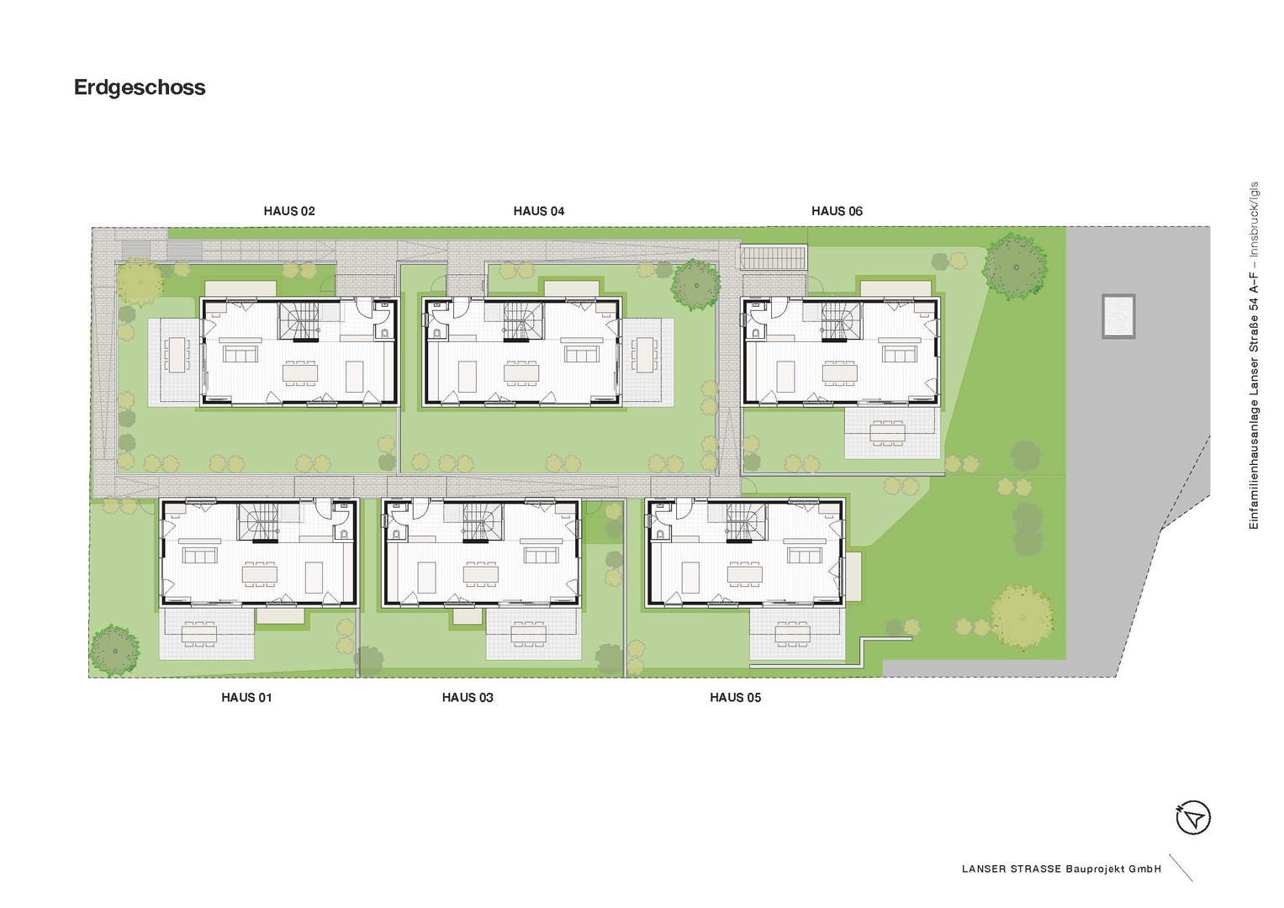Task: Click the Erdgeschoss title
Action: [x=140, y=87]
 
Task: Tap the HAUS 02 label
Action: [x=289, y=211]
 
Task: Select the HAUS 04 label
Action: [x=539, y=211]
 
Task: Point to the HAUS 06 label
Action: [x=837, y=211]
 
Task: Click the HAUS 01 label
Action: [x=246, y=698]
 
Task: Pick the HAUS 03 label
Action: [x=468, y=698]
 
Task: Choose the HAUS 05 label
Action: [x=736, y=698]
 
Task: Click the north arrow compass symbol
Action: [x=1193, y=817]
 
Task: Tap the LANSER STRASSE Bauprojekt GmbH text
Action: [x=1062, y=869]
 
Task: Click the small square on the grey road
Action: [x=1118, y=316]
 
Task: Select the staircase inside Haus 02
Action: [x=299, y=320]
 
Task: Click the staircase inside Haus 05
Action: [x=746, y=521]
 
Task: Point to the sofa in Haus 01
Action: [x=199, y=555]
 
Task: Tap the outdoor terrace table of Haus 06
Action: [x=887, y=432]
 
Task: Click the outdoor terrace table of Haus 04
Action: [x=646, y=355]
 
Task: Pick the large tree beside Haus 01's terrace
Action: [x=114, y=649]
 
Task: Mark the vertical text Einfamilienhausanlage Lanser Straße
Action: [x=1254, y=356]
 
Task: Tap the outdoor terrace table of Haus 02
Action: [x=177, y=355]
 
